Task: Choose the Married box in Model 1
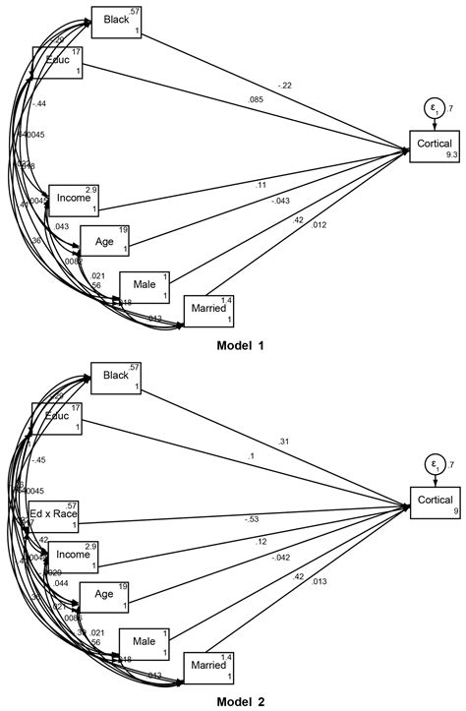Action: coord(209,312)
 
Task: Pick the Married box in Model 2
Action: coord(209,668)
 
